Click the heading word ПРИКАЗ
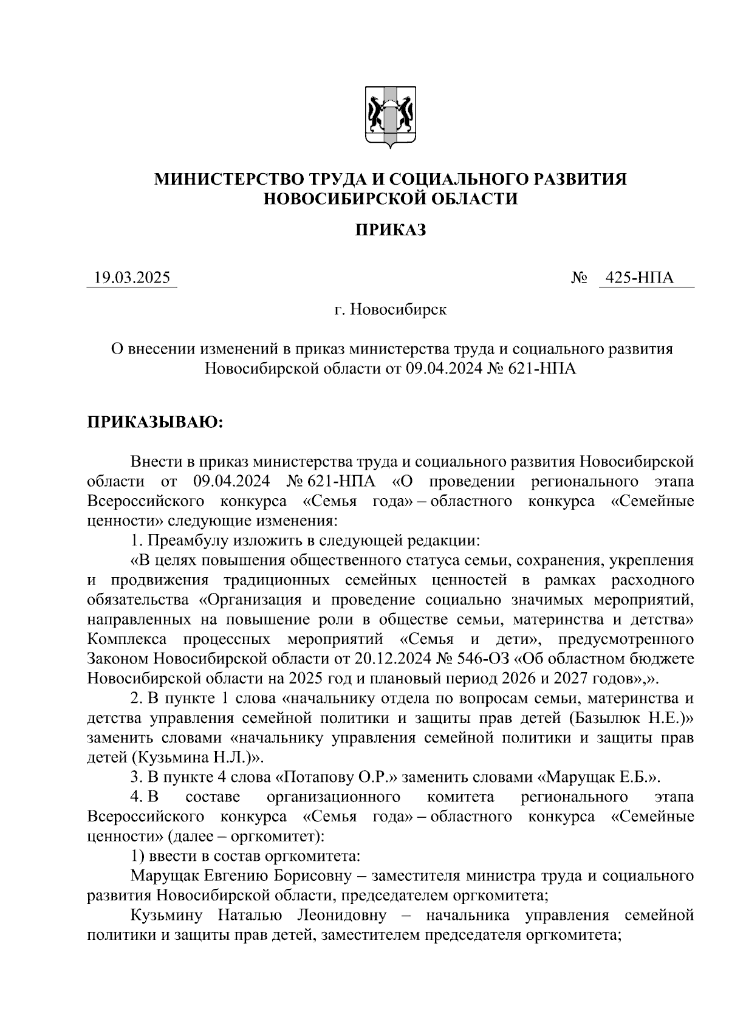(x=390, y=230)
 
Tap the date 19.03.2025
(x=132, y=278)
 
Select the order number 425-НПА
(x=645, y=278)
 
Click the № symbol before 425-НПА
(x=579, y=279)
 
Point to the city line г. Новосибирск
(x=390, y=310)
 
